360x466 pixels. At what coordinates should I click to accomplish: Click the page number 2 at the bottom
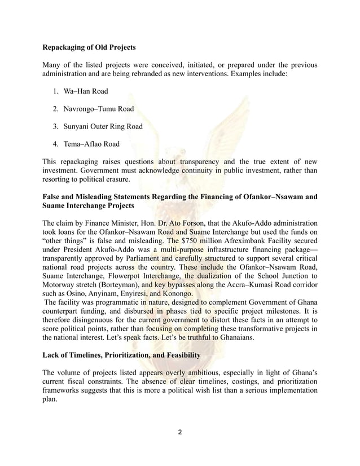[x=180, y=432]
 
